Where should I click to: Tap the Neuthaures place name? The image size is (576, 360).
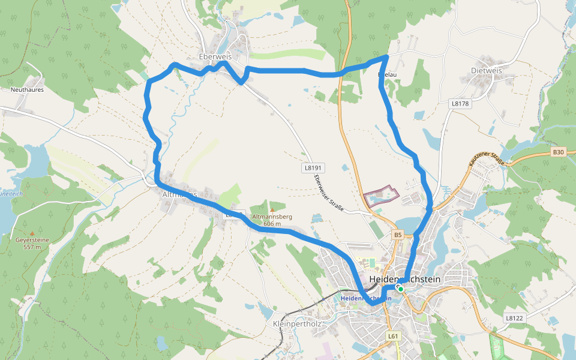click(x=27, y=89)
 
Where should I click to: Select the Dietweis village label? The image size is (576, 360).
click(x=486, y=70)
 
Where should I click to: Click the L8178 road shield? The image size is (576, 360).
click(x=460, y=104)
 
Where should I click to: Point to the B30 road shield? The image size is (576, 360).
click(x=558, y=152)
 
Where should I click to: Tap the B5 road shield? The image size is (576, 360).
click(x=398, y=234)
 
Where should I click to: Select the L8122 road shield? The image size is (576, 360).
click(x=514, y=317)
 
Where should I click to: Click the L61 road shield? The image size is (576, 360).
click(x=393, y=336)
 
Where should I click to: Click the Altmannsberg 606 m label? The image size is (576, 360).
click(x=272, y=220)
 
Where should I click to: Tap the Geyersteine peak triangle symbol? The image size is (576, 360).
click(x=32, y=233)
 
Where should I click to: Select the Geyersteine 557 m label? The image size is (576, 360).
click(x=32, y=243)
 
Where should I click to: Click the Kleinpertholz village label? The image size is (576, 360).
click(x=298, y=323)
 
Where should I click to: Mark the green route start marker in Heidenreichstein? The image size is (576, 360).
click(x=400, y=289)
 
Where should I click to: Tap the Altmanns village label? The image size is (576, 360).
click(x=179, y=194)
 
